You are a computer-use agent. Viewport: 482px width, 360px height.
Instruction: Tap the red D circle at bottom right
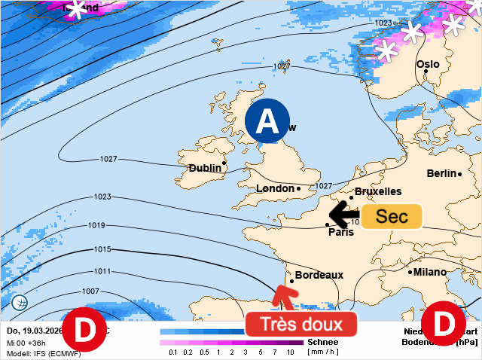pyautogui.click(x=443, y=325)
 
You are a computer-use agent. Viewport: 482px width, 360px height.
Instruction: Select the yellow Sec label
pyautogui.click(x=391, y=216)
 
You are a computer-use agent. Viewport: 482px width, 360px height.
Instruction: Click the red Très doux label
pyautogui.click(x=300, y=325)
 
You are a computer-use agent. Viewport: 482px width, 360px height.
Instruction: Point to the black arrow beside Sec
pyautogui.click(x=344, y=215)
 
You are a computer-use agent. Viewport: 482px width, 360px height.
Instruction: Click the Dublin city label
pyautogui.click(x=205, y=168)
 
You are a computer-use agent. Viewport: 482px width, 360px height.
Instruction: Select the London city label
pyautogui.click(x=276, y=188)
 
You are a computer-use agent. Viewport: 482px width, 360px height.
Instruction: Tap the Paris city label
pyautogui.click(x=341, y=232)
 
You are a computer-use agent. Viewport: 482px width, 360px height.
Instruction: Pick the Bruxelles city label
pyautogui.click(x=377, y=191)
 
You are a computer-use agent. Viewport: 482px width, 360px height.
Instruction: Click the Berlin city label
pyautogui.click(x=442, y=173)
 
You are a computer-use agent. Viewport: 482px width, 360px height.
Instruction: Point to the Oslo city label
pyautogui.click(x=428, y=64)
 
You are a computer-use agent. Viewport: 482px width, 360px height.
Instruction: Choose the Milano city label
pyautogui.click(x=430, y=272)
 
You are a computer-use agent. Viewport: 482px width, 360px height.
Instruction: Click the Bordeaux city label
pyautogui.click(x=319, y=275)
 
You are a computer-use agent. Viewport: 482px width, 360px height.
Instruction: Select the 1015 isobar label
pyautogui.click(x=102, y=249)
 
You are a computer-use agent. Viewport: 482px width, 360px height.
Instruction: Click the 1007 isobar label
pyautogui.click(x=90, y=291)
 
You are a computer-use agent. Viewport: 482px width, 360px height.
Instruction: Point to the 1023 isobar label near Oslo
pyautogui.click(x=383, y=23)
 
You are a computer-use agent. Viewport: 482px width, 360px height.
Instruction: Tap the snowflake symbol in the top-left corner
pyautogui.click(x=76, y=9)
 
